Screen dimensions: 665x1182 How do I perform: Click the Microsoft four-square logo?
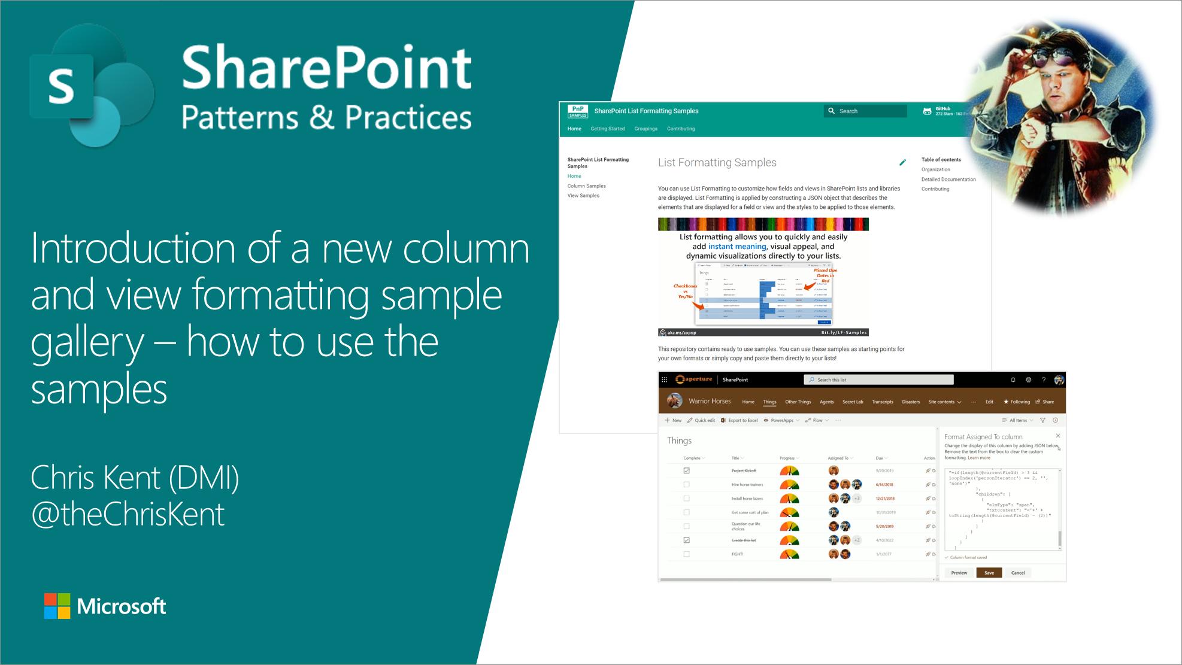coord(57,606)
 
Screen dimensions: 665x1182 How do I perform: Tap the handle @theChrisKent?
coord(128,514)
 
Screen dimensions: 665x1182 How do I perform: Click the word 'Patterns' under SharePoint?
coord(240,117)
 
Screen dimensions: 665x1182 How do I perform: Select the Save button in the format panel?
coord(989,573)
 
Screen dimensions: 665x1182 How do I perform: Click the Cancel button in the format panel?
coord(1017,573)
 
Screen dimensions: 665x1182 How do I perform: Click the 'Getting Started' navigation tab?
coord(607,129)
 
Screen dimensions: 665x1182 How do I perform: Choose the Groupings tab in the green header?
coord(645,129)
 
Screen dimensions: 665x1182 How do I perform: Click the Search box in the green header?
coord(866,111)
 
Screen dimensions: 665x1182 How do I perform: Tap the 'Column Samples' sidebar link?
coord(586,186)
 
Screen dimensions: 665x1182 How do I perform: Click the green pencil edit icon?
coord(902,162)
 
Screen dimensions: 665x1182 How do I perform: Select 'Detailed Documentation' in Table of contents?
coord(948,180)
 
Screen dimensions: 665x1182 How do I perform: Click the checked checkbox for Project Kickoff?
coord(686,471)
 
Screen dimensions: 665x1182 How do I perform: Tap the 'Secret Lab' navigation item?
coord(852,402)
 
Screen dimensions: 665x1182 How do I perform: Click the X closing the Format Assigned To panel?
coord(1057,436)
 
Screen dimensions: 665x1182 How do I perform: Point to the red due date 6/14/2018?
coord(884,485)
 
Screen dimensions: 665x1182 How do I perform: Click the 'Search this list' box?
coord(878,379)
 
